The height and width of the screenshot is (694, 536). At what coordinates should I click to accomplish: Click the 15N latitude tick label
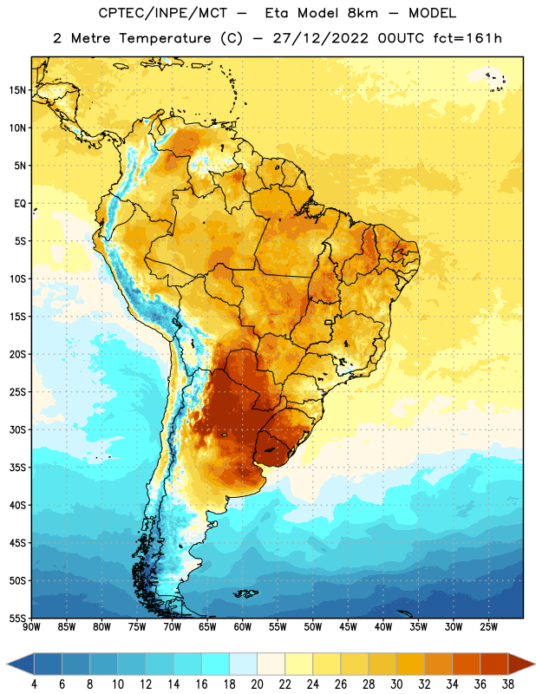pos(17,90)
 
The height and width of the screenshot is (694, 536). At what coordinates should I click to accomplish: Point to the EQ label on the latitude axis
pos(20,204)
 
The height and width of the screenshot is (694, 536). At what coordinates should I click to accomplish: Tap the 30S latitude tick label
pos(17,429)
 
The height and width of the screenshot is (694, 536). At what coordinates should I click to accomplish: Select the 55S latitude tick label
pos(17,619)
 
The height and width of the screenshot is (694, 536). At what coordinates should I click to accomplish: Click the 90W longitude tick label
pos(31,627)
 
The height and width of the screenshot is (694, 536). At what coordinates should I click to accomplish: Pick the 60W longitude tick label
pos(243,627)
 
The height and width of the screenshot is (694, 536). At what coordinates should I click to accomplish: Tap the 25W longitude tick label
pos(488,627)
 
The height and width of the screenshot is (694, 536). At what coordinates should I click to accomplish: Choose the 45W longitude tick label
pos(348,627)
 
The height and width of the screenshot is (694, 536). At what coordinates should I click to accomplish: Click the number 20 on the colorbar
pos(257,684)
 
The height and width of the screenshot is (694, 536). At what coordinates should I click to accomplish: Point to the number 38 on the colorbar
pos(507,684)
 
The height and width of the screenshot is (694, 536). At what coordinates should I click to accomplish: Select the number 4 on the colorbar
pos(34,684)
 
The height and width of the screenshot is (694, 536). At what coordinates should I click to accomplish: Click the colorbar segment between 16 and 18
pos(216,664)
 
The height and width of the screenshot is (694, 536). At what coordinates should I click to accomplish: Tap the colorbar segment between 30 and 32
pos(410,664)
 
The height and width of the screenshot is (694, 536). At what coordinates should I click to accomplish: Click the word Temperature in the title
pos(165,38)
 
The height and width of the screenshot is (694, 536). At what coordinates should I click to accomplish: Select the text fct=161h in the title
pos(467,38)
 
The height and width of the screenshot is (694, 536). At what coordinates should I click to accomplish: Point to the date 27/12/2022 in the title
pos(320,38)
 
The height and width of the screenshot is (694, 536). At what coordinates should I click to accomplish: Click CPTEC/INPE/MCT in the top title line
pos(162,13)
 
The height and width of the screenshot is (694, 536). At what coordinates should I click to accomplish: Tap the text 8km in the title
pos(363,13)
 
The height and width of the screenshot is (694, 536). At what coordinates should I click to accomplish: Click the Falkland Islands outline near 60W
pos(245,593)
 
